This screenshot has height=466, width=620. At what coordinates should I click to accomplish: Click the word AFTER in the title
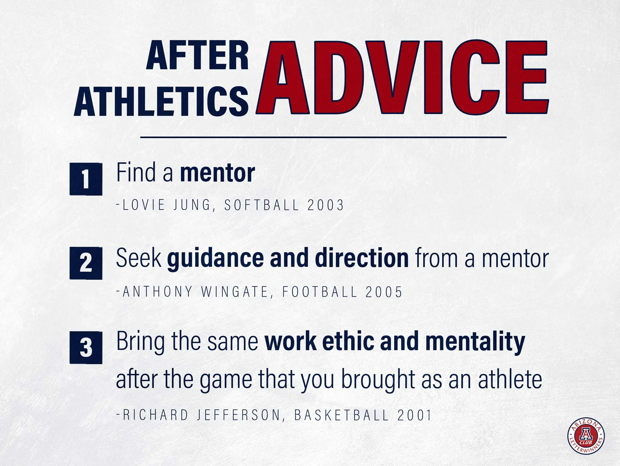197,55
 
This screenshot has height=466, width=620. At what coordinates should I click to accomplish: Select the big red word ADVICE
402,77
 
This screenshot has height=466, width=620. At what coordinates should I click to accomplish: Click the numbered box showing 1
86,179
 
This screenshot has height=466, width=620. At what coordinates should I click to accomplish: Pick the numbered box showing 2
86,263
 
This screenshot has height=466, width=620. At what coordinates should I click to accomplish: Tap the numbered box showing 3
86,348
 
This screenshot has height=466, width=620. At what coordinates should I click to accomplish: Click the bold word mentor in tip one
218,173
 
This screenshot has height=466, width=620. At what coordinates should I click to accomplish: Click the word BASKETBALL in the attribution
342,415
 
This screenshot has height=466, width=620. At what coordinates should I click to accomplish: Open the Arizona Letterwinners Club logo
586,436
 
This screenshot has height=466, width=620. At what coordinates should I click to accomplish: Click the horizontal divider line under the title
323,137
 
